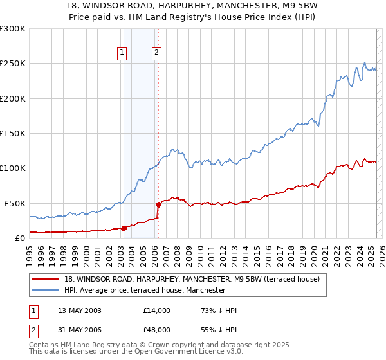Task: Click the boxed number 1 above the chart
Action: pyautogui.click(x=122, y=53)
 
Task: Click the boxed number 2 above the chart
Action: pyautogui.click(x=156, y=53)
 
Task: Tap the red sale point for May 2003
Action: pyautogui.click(x=124, y=228)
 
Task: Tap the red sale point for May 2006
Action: pyautogui.click(x=158, y=204)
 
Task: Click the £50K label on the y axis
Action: pyautogui.click(x=15, y=203)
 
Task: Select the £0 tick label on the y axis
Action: pyautogui.click(x=21, y=238)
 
